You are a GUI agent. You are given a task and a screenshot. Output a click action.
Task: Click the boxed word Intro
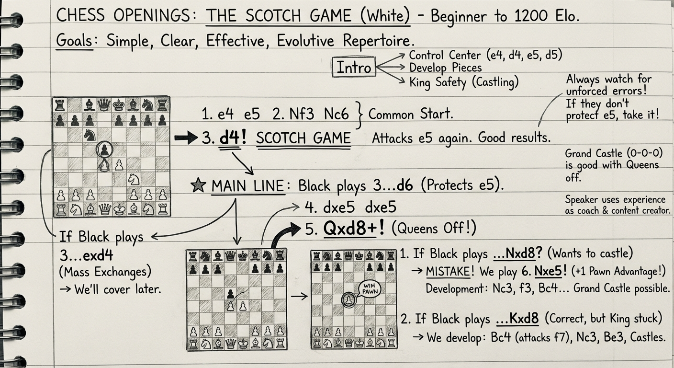pyautogui.click(x=354, y=68)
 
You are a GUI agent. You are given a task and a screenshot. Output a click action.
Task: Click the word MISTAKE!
pyautogui.click(x=448, y=272)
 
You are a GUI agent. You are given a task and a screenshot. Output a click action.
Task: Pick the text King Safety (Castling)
pyautogui.click(x=464, y=82)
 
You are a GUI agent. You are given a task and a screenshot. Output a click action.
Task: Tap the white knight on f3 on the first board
pyautogui.click(x=134, y=180)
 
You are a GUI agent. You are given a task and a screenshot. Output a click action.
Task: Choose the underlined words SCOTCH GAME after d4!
pyautogui.click(x=303, y=138)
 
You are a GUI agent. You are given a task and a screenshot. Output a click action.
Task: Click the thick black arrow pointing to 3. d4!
pyautogui.click(x=186, y=138)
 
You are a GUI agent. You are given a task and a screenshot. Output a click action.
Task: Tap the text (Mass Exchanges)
pyautogui.click(x=105, y=272)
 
